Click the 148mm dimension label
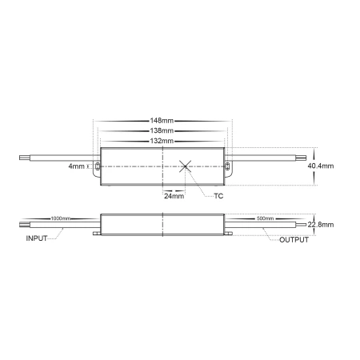coord(163,121)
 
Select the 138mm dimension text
coord(163,130)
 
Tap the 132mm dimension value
coord(163,140)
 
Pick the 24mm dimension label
coord(174,194)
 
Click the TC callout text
coord(219,195)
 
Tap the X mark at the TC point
coord(186,166)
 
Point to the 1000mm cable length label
coord(59,218)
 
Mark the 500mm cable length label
coord(266,218)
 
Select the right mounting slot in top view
coord(227,166)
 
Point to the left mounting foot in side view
coord(98,234)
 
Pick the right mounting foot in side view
coord(227,234)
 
